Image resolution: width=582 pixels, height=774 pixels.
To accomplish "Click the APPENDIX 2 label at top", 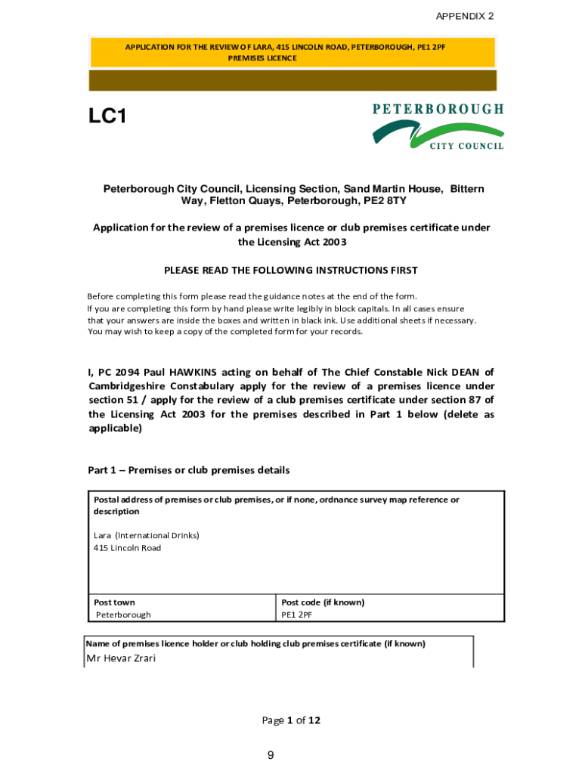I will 465,16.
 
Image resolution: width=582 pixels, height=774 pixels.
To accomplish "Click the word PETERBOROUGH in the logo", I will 438,109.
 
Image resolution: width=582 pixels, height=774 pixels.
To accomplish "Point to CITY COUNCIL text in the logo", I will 466,146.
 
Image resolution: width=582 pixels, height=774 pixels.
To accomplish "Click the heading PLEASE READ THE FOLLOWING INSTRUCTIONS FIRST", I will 291,270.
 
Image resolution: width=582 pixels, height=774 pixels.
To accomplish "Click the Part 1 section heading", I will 189,470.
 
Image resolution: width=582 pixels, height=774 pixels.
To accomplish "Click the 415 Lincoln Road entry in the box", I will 127,548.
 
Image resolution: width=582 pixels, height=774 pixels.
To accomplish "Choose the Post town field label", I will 114,602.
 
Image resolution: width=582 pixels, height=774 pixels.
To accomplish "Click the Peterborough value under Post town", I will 123,615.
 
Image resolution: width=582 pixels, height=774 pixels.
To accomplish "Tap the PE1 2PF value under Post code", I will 297,615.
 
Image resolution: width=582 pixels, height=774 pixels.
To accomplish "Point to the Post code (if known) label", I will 323,602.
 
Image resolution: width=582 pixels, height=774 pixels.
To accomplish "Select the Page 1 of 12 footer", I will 291,720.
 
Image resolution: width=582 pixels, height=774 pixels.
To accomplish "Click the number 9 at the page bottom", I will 271,756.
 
